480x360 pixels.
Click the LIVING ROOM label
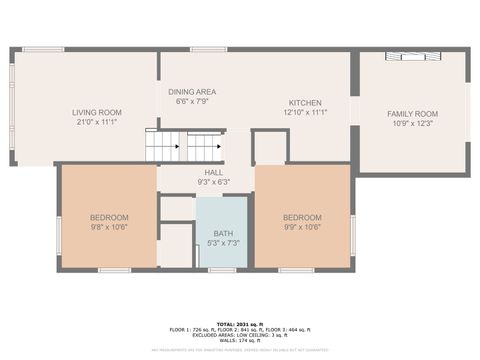pyautogui.click(x=97, y=112)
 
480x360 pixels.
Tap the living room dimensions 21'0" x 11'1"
pyautogui.click(x=97, y=122)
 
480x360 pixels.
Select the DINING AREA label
pyautogui.click(x=192, y=91)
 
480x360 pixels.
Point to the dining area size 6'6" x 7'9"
pyautogui.click(x=192, y=101)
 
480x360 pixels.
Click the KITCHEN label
pyautogui.click(x=305, y=103)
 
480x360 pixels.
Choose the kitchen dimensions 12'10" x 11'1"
pyautogui.click(x=305, y=113)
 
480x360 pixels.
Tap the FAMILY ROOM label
pyautogui.click(x=413, y=114)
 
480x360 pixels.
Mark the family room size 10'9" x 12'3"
pyautogui.click(x=413, y=124)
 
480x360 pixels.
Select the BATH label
pyautogui.click(x=222, y=233)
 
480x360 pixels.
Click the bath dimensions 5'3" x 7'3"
pyautogui.click(x=222, y=243)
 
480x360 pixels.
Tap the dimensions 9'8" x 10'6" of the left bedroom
pyautogui.click(x=109, y=227)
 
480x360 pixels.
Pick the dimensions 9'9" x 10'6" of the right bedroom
pyautogui.click(x=301, y=227)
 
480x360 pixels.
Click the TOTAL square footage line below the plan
pyautogui.click(x=240, y=323)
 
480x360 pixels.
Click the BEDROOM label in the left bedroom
pyautogui.click(x=109, y=217)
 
